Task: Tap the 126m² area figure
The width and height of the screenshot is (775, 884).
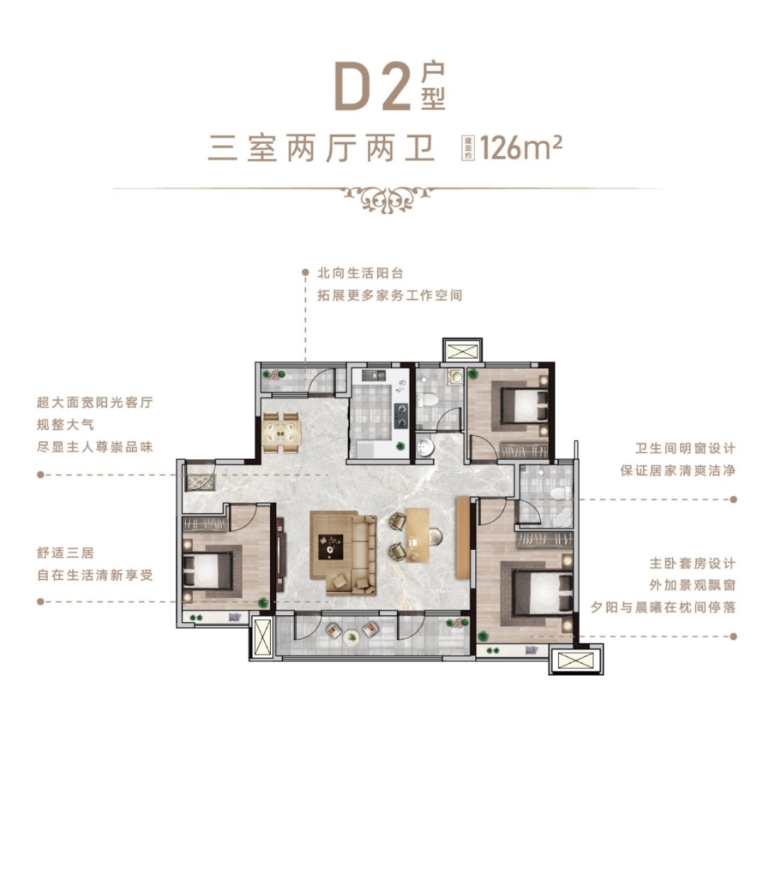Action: point(521,148)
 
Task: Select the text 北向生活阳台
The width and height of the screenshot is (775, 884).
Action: point(360,273)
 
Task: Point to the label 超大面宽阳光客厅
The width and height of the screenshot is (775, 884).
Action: point(95,402)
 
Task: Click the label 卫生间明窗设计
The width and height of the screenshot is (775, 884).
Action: point(685,448)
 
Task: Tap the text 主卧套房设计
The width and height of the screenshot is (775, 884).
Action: point(692,564)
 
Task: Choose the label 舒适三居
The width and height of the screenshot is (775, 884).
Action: point(65,553)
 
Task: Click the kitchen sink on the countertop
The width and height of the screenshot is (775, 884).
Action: point(371,374)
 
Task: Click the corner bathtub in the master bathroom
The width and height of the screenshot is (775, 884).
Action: point(561,517)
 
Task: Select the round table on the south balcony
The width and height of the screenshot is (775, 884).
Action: point(351,637)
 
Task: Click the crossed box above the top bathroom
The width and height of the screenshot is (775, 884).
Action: point(462,350)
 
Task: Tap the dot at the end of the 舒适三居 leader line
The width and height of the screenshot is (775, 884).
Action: point(40,601)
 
